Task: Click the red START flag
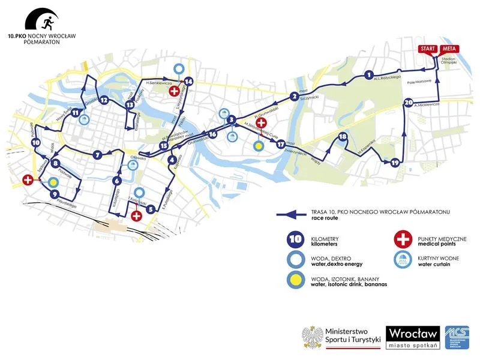coord(427,49)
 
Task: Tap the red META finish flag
coord(447,49)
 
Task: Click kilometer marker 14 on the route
coord(188,81)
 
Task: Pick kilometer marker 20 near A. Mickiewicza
coord(409,103)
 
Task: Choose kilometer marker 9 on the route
coord(55,194)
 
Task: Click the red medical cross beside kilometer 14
coord(175,91)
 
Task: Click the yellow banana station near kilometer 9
coord(53,182)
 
